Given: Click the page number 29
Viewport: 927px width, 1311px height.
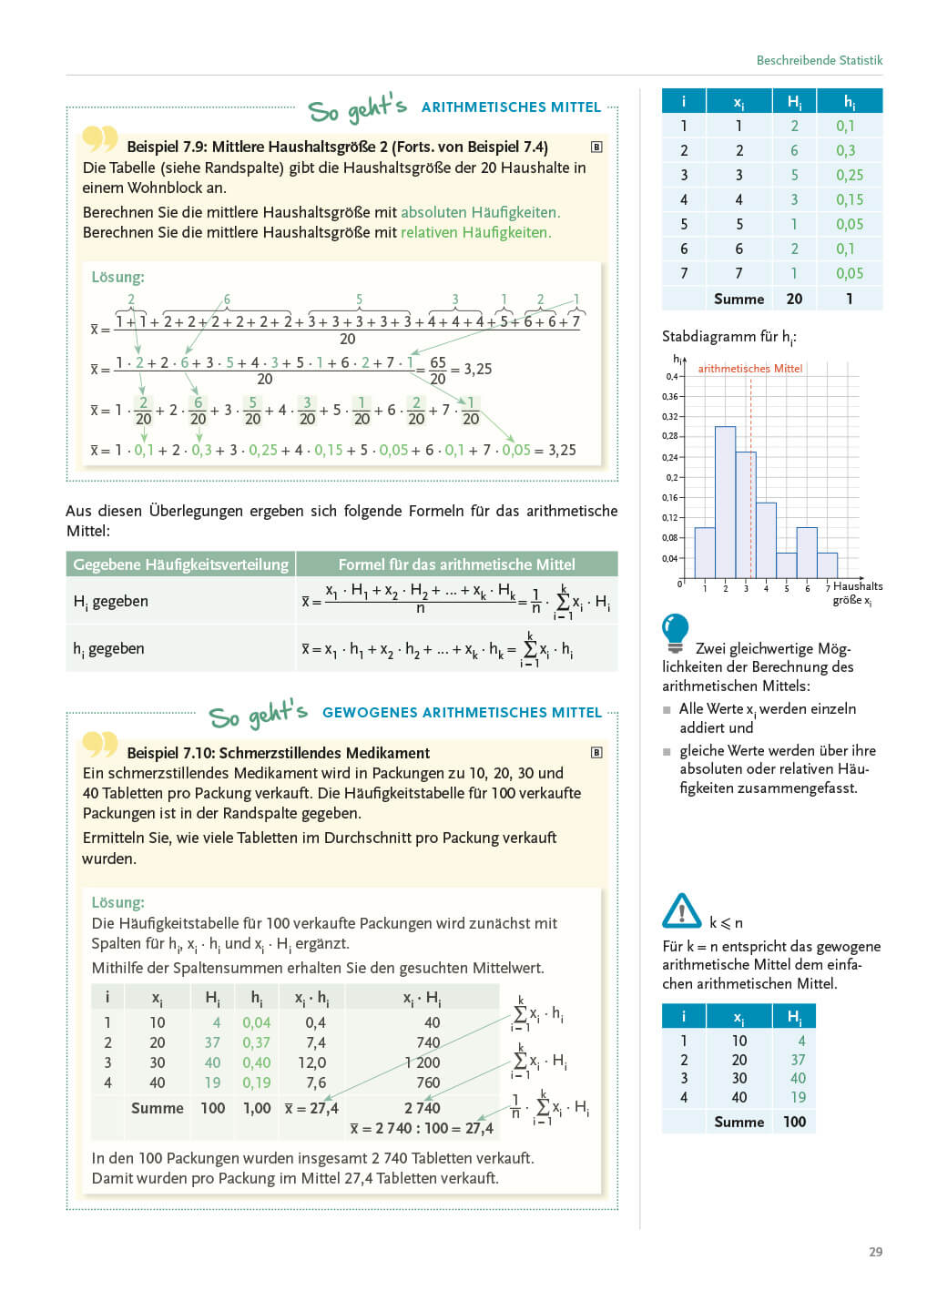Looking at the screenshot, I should [x=875, y=1252].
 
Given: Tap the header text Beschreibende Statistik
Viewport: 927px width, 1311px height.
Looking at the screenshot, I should [x=819, y=60].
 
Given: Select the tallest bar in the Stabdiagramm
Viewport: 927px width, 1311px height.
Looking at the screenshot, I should [x=725, y=502].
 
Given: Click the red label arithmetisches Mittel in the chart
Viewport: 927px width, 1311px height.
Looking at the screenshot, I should [x=750, y=369].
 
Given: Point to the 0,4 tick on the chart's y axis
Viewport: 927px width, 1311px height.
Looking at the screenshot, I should [x=671, y=376].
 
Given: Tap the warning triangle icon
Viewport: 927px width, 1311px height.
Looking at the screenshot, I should [x=682, y=910].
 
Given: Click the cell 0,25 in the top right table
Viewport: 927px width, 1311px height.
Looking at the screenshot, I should [x=849, y=175].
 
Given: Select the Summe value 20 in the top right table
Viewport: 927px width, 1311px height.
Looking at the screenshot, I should [x=794, y=299].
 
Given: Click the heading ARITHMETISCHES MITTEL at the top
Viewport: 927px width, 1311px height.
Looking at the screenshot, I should [x=511, y=107].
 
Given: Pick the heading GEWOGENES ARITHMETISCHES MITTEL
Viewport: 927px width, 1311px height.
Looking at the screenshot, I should [x=462, y=713].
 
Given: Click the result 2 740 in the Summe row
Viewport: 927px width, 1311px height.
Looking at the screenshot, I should [x=422, y=1108].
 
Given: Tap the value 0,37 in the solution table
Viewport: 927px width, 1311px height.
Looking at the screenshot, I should [x=256, y=1042].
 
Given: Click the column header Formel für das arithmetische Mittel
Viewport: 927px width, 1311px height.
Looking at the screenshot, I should [x=456, y=564].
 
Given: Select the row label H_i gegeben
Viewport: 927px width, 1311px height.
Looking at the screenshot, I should [x=110, y=602].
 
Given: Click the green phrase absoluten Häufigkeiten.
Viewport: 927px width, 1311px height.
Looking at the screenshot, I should [x=480, y=212].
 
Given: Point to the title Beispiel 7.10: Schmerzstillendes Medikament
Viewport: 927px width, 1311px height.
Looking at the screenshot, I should [x=278, y=753].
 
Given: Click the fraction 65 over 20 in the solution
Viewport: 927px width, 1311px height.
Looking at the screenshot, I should [x=437, y=370].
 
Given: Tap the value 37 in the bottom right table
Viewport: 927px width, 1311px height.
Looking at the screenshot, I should [x=798, y=1060].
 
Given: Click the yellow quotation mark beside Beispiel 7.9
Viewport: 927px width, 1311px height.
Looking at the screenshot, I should [x=100, y=138].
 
